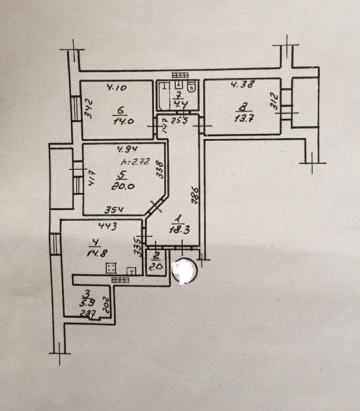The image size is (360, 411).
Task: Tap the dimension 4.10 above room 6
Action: (116, 88)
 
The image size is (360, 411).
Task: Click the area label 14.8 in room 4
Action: (93, 250)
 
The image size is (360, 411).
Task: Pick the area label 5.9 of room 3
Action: (86, 301)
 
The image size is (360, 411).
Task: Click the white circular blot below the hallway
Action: (184, 272)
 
